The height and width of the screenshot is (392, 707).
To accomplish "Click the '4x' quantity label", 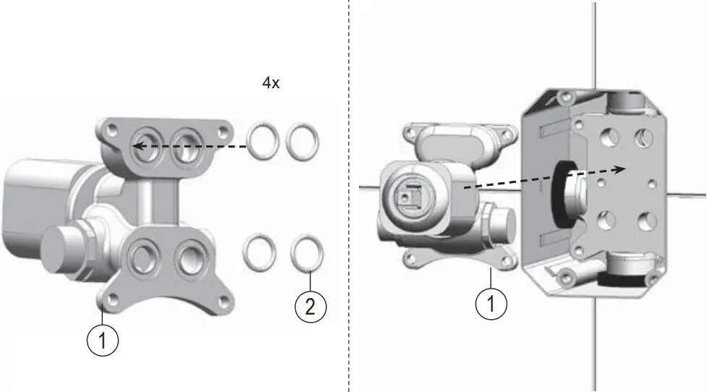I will (271, 84).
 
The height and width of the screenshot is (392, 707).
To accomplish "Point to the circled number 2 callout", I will (310, 307).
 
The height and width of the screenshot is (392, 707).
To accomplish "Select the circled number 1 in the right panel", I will (491, 304).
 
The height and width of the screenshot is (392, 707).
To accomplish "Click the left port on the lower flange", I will (140, 255).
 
